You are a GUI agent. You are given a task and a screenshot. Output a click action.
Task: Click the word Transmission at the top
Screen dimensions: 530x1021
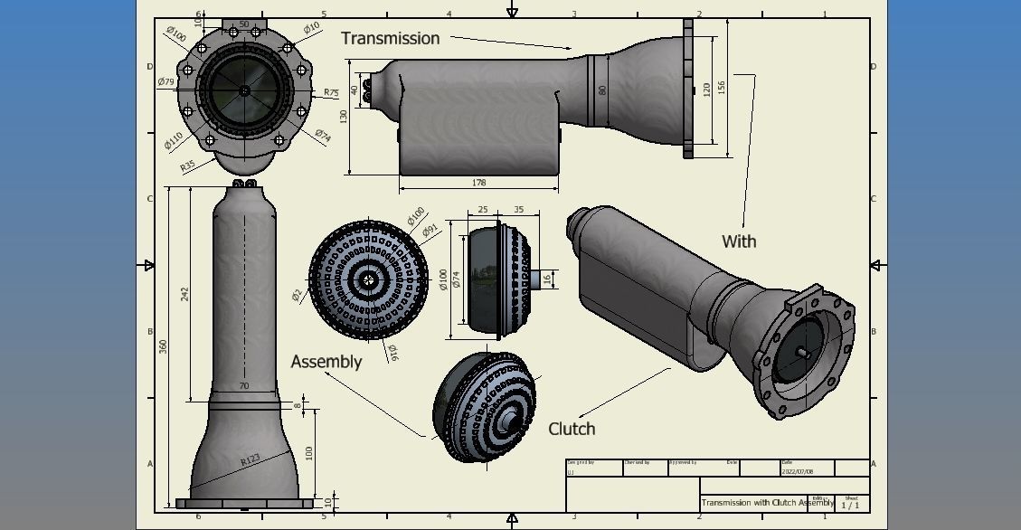click(x=390, y=38)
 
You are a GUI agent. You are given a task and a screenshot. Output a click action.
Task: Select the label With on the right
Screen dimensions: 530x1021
click(x=739, y=241)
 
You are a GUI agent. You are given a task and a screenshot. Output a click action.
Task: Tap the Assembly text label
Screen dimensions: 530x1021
click(x=326, y=362)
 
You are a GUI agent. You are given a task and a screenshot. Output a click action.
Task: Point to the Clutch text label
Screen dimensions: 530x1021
click(x=572, y=429)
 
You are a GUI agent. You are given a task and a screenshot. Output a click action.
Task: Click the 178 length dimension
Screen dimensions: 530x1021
click(x=478, y=184)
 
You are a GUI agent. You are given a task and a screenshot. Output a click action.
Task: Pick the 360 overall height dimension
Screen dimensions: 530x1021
click(x=164, y=346)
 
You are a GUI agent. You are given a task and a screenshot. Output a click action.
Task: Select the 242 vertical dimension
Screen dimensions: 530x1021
click(x=185, y=294)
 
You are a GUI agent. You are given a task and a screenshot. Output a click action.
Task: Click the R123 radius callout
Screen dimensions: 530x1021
click(x=251, y=460)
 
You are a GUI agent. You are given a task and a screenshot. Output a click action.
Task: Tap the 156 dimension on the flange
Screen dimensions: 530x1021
click(x=722, y=86)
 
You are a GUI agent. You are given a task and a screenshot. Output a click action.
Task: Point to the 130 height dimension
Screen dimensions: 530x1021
click(x=344, y=116)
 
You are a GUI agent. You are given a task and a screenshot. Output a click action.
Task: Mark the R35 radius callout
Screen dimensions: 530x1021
click(x=187, y=166)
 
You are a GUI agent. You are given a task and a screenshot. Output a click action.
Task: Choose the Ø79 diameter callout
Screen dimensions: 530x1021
click(x=165, y=82)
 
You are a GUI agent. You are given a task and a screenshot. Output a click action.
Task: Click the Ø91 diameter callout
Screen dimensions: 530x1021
click(x=431, y=230)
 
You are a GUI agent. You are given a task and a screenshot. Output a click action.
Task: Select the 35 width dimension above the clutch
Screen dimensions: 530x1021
click(x=518, y=210)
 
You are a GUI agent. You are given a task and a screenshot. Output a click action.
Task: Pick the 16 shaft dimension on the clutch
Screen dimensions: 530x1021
click(x=546, y=279)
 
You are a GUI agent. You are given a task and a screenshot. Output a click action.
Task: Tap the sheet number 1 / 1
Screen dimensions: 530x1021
click(x=850, y=506)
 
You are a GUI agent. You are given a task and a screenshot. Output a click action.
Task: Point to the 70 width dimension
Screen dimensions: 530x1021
click(x=243, y=386)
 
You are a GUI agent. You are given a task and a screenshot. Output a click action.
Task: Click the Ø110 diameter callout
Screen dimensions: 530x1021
click(x=174, y=140)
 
